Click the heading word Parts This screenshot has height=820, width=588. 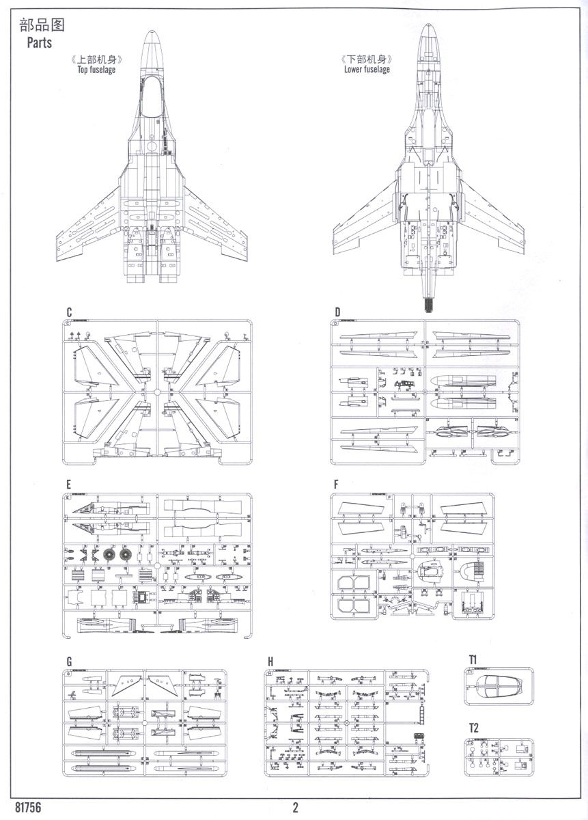click(39, 43)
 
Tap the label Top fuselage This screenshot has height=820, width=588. click(96, 70)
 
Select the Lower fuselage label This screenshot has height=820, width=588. click(367, 70)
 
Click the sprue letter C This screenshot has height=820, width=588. click(69, 312)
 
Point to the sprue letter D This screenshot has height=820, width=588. click(337, 312)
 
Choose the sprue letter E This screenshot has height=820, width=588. click(69, 484)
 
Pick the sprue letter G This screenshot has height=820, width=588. click(69, 661)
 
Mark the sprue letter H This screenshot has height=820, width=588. click(270, 661)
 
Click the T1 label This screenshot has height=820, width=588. click(473, 659)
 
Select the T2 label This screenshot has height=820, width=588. click(473, 728)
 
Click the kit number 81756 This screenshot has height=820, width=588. click(25, 807)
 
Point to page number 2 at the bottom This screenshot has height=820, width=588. click(295, 807)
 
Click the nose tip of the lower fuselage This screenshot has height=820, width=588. click(429, 25)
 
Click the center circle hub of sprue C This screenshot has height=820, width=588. click(157, 392)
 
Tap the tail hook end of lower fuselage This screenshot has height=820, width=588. click(429, 304)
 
